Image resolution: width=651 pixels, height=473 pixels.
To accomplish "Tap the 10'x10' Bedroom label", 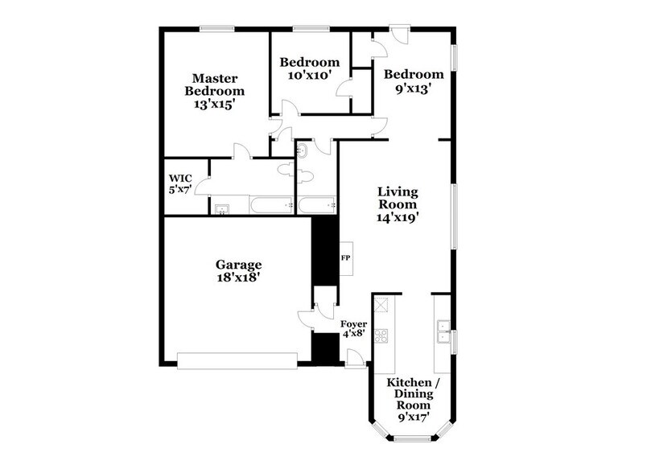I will (x=309, y=68).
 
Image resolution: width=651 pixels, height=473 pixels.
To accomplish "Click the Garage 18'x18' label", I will (x=238, y=270).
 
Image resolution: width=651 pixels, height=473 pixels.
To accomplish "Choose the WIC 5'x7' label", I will (x=179, y=184).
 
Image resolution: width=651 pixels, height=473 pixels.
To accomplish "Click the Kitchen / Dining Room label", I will (x=412, y=399).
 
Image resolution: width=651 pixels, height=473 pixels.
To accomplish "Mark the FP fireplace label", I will (x=346, y=259).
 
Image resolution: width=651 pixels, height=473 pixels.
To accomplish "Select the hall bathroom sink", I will (x=303, y=150).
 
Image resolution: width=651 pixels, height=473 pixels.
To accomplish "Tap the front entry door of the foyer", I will (x=354, y=360).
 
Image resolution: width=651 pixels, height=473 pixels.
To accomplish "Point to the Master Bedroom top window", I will (x=216, y=30).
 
